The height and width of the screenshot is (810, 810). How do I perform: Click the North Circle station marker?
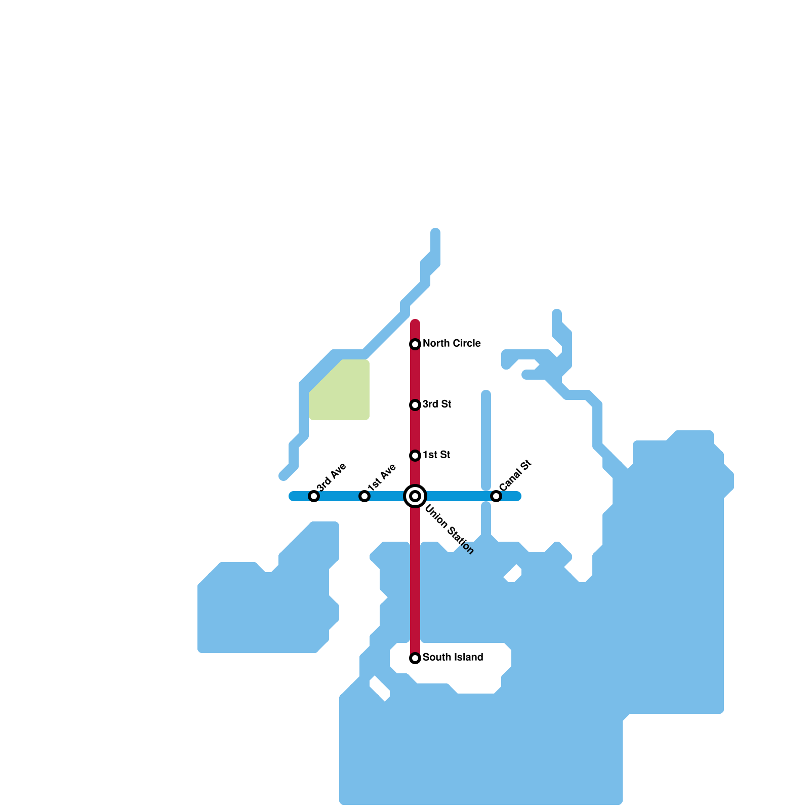[x=415, y=344]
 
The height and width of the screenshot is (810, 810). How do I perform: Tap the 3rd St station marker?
[x=415, y=405]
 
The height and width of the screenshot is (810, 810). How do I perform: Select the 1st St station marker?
[x=415, y=456]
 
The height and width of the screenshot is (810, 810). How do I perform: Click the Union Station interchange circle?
[x=415, y=496]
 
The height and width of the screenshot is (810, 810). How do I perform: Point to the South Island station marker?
[x=415, y=658]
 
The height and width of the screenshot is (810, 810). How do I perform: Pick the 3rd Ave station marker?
[x=314, y=496]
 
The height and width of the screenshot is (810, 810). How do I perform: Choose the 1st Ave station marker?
[x=364, y=496]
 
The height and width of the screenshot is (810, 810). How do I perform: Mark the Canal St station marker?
[x=496, y=496]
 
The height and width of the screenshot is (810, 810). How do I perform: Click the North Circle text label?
[x=452, y=344]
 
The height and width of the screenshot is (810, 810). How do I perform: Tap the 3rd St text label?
[x=437, y=404]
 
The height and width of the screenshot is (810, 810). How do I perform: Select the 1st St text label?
[x=436, y=455]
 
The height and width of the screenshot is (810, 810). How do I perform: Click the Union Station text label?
[x=449, y=530]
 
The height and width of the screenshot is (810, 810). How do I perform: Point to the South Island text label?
[x=453, y=658]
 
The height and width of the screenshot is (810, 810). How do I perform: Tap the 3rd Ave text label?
[x=332, y=476]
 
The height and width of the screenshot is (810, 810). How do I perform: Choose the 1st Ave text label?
[x=382, y=477]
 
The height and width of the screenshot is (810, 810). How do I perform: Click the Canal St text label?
[x=515, y=474]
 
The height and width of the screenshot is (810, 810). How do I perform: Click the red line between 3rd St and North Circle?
[x=415, y=375]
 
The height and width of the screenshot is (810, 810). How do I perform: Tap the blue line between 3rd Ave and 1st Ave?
[x=339, y=496]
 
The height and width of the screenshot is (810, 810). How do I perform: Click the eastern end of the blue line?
[x=517, y=496]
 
